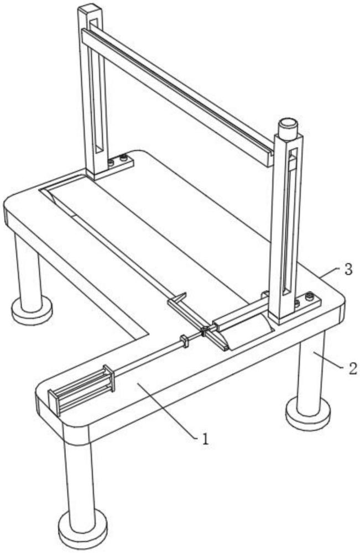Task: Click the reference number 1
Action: (205, 439)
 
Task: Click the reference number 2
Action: (353, 368)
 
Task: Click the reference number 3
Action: (348, 270)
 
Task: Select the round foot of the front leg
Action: (83, 531)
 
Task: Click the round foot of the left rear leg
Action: (32, 310)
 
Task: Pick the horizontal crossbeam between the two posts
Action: (178, 96)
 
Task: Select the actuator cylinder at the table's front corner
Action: (82, 389)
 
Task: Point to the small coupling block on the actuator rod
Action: (184, 341)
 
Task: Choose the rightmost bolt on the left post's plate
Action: (123, 159)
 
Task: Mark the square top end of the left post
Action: (90, 11)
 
